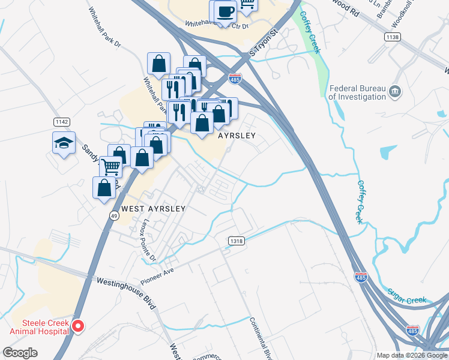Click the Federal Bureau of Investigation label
(x=358, y=92)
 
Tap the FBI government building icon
(x=395, y=92)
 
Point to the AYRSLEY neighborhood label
(x=237, y=136)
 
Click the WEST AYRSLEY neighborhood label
(x=153, y=209)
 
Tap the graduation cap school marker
(x=64, y=143)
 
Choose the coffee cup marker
(x=225, y=12)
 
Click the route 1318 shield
(x=236, y=241)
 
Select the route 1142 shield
(x=61, y=121)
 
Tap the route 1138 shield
(x=392, y=37)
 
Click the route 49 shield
(x=113, y=215)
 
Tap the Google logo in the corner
(x=20, y=353)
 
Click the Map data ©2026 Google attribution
(x=412, y=355)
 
